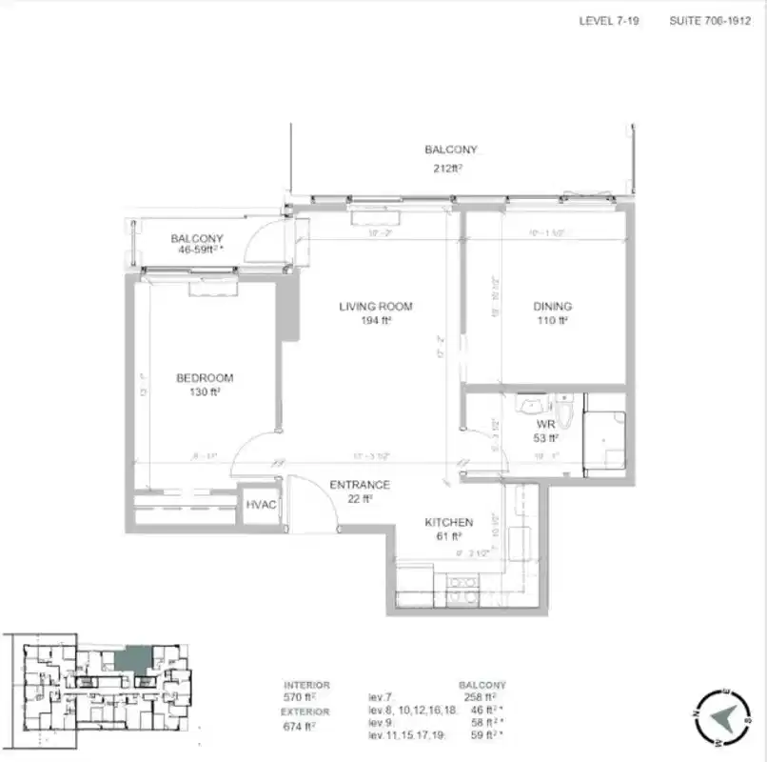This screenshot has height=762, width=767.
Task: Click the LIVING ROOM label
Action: pos(375,306)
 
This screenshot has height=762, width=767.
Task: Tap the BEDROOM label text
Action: pos(204,377)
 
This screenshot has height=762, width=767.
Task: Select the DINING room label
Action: pos(552,306)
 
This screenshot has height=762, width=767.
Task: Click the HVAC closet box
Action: pos(261,504)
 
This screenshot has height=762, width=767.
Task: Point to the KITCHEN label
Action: pos(448,522)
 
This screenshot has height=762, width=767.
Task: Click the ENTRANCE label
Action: pos(359,485)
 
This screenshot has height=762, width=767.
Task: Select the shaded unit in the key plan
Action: pos(132,659)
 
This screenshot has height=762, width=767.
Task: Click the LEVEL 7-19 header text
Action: pos(609,20)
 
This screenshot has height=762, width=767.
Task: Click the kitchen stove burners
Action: pos(462,582)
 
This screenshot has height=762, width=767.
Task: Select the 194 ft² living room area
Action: pos(375,320)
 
